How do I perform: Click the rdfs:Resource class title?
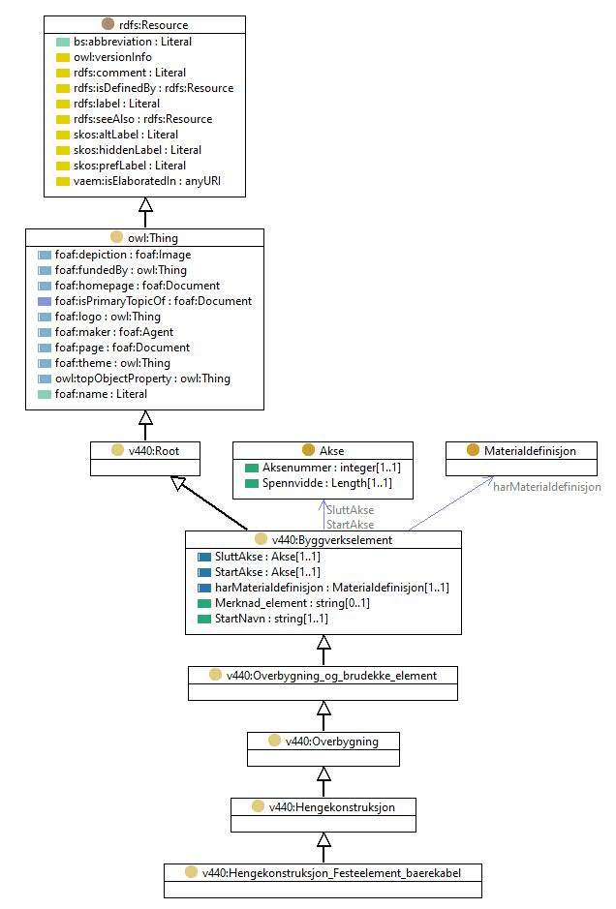point(154,25)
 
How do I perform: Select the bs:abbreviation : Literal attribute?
point(133,42)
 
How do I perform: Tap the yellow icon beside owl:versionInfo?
point(63,57)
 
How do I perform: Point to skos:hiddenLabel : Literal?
point(138,150)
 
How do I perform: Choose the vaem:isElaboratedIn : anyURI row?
point(147,181)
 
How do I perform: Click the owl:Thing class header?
point(153,238)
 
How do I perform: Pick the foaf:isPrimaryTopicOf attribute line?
point(153,301)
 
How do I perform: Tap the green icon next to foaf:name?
point(45,394)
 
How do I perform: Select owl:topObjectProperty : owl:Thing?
point(142,379)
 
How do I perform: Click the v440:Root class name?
point(154,450)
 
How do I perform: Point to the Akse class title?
point(332,450)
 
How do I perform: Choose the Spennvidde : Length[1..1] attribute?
point(327,483)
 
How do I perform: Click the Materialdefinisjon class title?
point(530,450)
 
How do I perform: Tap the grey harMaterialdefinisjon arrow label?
point(547,487)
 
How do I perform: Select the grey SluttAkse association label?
point(351,510)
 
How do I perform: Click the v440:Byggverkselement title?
point(332,540)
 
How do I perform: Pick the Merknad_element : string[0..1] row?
point(293,603)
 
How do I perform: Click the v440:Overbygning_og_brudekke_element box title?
point(331,676)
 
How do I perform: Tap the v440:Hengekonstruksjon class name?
point(332,807)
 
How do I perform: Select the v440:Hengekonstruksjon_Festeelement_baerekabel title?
point(332,873)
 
